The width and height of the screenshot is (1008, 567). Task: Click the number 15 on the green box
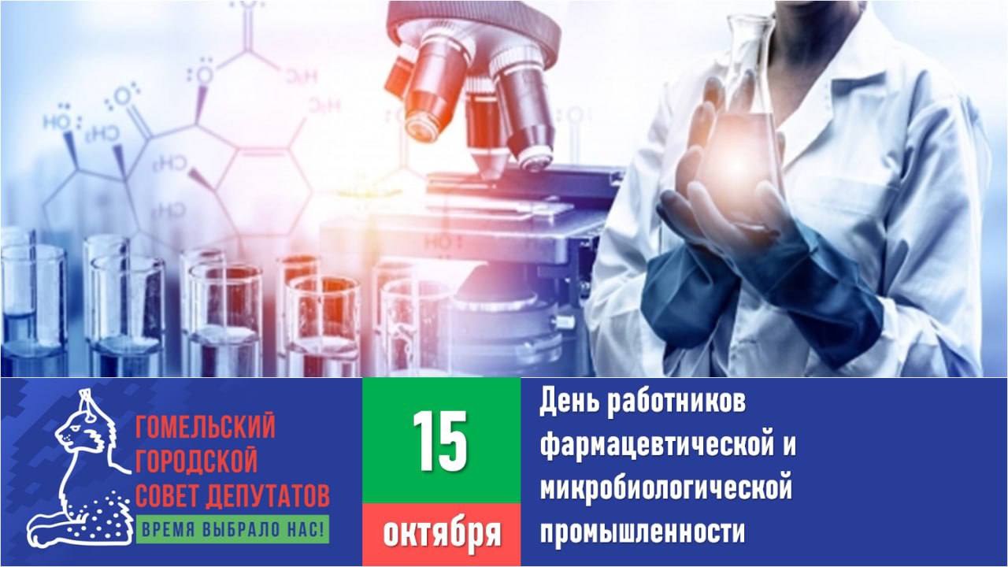click(440, 441)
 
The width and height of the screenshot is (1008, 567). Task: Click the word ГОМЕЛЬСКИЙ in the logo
click(206, 426)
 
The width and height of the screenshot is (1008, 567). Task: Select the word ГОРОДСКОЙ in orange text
click(196, 460)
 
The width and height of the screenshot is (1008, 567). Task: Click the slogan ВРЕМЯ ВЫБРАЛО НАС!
click(232, 529)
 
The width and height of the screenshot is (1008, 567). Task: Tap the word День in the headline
click(569, 402)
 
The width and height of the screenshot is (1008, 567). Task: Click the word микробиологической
click(666, 488)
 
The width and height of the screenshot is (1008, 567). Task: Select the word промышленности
click(643, 532)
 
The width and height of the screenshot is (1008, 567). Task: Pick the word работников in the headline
click(676, 402)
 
